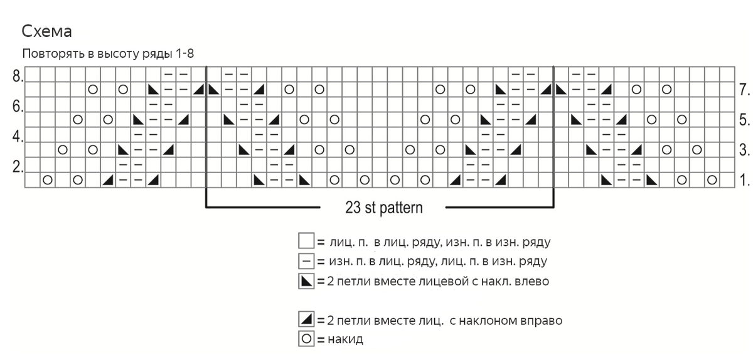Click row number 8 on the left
click(x=17, y=77)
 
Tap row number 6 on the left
click(x=17, y=107)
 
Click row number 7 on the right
click(x=744, y=90)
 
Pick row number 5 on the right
click(x=744, y=119)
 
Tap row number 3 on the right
click(x=744, y=150)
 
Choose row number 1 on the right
click(x=744, y=181)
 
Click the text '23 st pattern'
click(x=383, y=208)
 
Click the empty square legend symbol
click(x=306, y=241)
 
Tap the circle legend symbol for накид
click(x=306, y=340)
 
